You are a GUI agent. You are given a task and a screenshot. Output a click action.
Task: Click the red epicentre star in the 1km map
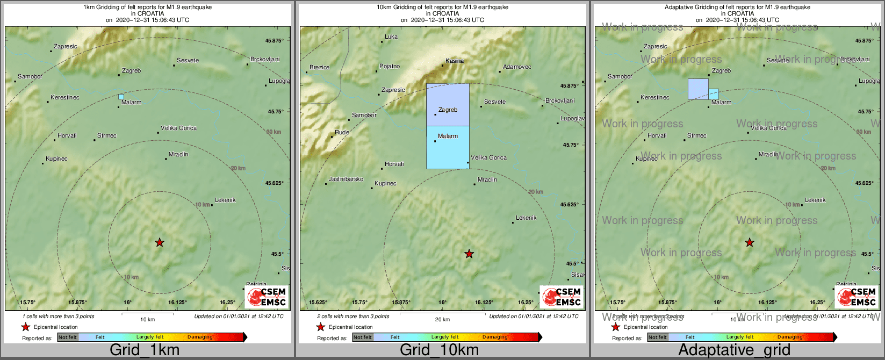160,243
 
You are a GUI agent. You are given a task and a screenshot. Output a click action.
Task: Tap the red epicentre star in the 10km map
469,254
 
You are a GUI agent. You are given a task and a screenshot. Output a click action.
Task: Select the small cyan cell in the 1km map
121,97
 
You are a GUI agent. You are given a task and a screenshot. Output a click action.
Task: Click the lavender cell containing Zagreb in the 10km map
448,104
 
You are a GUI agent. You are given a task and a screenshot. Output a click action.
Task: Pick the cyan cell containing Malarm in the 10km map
448,148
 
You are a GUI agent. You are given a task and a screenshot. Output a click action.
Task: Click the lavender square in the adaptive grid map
698,89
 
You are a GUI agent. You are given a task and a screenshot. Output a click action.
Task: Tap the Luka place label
391,37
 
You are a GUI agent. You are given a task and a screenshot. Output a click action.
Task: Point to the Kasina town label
455,61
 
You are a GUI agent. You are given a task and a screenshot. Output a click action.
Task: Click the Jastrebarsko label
346,179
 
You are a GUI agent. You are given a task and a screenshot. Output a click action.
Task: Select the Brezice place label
320,68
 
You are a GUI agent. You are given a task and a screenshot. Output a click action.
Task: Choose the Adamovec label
517,67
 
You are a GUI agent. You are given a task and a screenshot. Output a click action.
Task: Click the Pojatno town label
390,67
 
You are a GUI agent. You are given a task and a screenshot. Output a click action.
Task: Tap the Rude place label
342,133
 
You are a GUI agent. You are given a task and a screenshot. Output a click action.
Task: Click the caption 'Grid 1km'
145,350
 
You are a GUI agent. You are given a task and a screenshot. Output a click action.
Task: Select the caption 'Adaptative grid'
734,350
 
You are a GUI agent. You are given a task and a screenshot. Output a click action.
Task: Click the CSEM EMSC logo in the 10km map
561,297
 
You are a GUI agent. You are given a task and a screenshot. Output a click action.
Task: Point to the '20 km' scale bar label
442,320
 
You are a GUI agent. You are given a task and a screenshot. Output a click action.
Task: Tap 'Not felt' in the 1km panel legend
68,337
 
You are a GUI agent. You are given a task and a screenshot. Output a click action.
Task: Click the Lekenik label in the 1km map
225,200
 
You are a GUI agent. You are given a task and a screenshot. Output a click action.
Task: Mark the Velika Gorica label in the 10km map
488,158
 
